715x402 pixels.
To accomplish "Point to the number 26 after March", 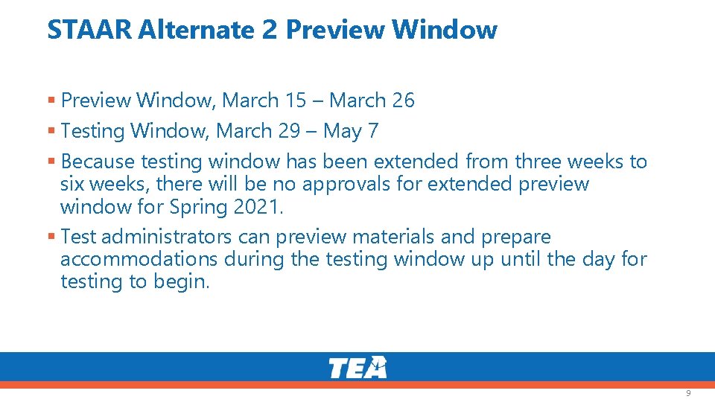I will point(403,100).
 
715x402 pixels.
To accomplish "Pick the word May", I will point(343,132).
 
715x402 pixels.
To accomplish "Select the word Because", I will point(98,162).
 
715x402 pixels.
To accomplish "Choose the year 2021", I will point(257,206).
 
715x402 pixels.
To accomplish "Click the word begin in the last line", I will point(182,282).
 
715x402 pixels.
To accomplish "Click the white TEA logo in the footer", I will point(357,367).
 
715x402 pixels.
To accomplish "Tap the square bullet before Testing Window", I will point(51,131).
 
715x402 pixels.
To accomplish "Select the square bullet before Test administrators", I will point(51,237).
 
